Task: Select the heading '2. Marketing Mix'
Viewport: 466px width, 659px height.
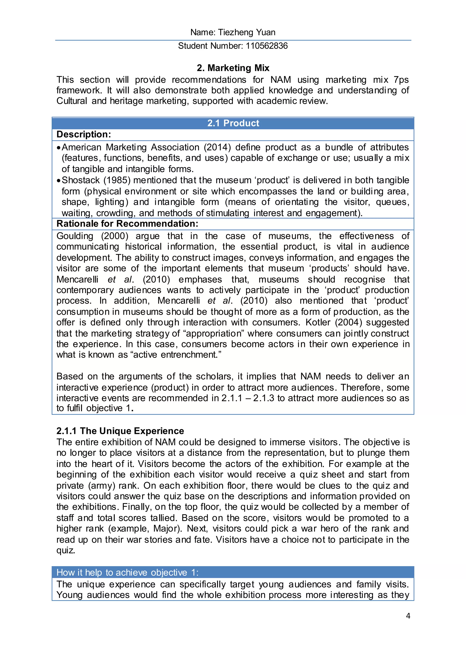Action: [x=233, y=68]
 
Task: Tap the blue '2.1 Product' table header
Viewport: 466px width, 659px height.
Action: [x=233, y=123]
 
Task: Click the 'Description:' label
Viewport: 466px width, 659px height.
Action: [x=84, y=134]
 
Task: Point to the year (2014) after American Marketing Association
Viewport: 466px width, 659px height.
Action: [x=217, y=147]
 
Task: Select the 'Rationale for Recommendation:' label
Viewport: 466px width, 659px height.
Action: [x=127, y=224]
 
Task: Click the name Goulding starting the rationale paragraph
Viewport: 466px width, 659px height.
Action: [x=75, y=236]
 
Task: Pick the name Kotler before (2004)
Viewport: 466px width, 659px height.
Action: [x=318, y=322]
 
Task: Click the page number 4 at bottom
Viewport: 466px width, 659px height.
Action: [x=408, y=616]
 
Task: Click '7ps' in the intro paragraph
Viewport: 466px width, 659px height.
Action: [x=401, y=80]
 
